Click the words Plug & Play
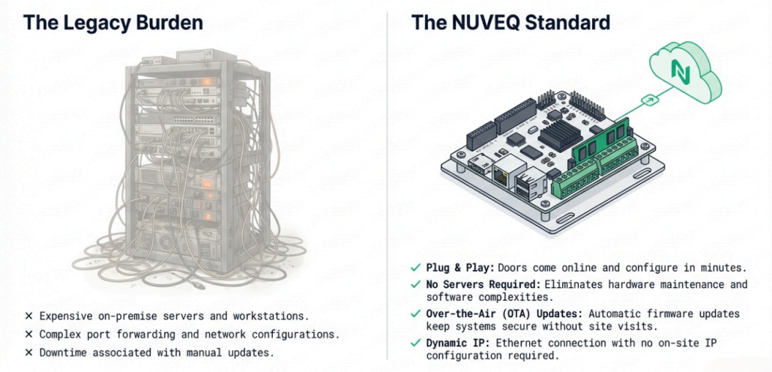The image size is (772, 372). coord(460,268)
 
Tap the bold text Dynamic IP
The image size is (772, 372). coord(454,343)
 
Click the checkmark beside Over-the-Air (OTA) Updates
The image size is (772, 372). coord(415,313)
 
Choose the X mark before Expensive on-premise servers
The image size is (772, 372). coord(29,316)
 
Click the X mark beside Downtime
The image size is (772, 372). coord(29,352)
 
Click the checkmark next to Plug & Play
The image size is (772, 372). coord(415,268)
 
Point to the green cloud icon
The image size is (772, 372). coord(684,71)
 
